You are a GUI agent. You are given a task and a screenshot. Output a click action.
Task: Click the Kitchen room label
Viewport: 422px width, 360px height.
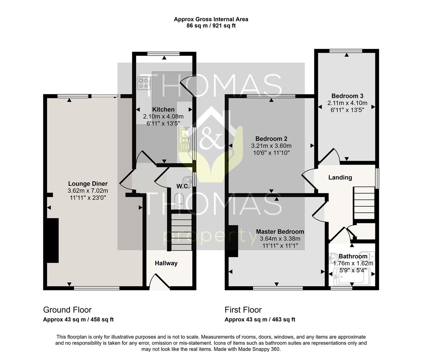163,109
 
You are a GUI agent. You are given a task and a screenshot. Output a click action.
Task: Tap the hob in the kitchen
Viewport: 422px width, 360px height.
144,83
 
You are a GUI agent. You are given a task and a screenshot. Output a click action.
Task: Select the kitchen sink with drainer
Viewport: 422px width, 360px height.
185,140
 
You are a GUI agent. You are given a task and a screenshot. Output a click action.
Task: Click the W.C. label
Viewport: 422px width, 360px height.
183,186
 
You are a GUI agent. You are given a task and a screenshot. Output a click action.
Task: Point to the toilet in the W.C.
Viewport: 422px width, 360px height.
179,201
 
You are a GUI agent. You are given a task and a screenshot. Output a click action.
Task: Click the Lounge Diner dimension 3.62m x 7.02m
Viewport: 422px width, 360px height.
88,191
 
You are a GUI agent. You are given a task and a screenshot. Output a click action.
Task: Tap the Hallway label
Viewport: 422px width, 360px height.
166,263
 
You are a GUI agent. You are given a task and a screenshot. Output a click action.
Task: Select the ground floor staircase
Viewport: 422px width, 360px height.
181,232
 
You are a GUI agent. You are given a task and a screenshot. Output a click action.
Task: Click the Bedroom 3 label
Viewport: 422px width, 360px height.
347,96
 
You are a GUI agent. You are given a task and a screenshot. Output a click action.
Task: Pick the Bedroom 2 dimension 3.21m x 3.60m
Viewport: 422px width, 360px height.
271,146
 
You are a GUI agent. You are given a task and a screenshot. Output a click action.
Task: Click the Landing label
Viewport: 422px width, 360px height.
340,177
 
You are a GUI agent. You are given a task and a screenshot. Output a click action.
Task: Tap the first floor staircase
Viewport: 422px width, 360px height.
364,203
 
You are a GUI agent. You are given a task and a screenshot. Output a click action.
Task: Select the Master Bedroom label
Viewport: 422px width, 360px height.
280,232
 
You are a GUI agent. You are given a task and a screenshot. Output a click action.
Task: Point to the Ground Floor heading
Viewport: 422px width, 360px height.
67,310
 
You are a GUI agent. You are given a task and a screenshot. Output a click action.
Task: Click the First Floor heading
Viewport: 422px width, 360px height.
243,310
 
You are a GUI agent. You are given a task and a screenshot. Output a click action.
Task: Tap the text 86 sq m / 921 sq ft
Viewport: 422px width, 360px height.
211,26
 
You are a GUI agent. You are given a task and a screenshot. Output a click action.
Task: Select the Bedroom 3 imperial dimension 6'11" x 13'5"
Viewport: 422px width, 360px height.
347,110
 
